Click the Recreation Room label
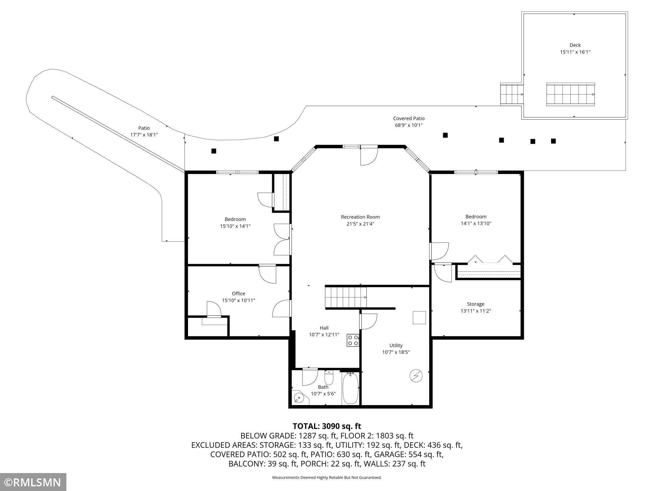[x=360, y=217]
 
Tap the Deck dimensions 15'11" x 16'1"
[x=575, y=52]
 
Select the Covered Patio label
[x=409, y=118]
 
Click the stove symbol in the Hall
[x=353, y=340]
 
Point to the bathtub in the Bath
[x=351, y=388]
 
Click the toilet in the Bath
[x=329, y=377]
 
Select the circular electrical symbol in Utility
[x=416, y=375]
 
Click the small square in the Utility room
[x=419, y=318]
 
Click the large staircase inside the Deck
[x=571, y=94]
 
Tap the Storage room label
[x=475, y=304]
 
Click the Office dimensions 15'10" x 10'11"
[x=238, y=300]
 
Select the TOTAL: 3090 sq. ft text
[x=327, y=426]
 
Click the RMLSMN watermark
[x=33, y=482]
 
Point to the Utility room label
[x=396, y=345]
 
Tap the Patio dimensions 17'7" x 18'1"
[x=144, y=135]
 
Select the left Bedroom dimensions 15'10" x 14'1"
[x=235, y=226]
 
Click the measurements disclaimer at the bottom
[x=327, y=477]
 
